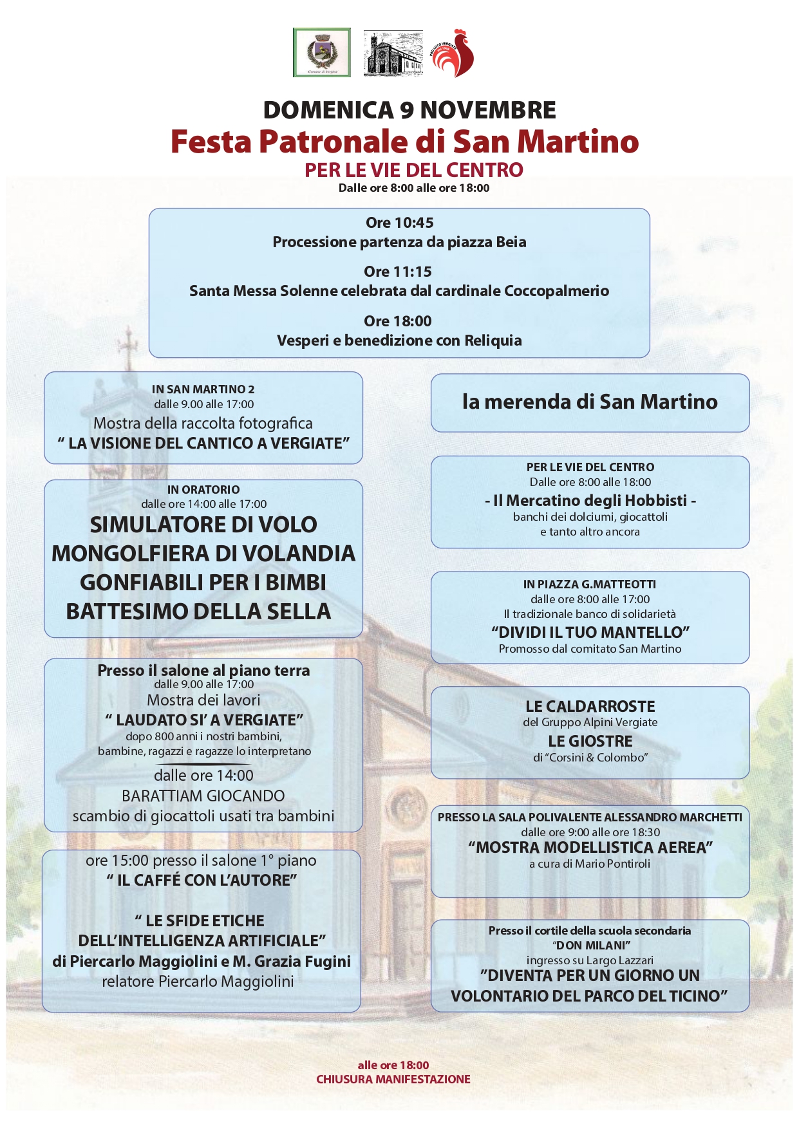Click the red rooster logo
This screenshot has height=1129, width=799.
click(x=453, y=53)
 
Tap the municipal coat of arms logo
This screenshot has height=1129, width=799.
click(x=321, y=52)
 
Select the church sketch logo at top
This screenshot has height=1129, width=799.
click(x=393, y=53)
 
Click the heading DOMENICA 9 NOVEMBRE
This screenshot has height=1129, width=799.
click(x=409, y=110)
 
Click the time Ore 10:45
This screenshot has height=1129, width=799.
click(x=399, y=223)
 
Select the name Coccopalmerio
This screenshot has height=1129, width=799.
click(x=556, y=291)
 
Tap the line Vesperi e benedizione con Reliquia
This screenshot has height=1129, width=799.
click(x=399, y=341)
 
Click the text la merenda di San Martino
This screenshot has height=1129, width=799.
click(x=590, y=402)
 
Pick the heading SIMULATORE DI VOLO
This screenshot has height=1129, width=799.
click(x=203, y=525)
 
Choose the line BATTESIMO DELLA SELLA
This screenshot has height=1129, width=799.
click(x=198, y=611)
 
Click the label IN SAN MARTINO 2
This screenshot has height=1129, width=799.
click(x=203, y=389)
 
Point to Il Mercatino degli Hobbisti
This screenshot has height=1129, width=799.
click(x=590, y=500)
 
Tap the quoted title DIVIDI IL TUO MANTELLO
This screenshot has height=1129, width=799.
click(x=590, y=632)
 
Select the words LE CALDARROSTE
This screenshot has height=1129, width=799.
click(x=590, y=706)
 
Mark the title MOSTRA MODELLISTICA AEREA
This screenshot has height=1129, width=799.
click(x=590, y=847)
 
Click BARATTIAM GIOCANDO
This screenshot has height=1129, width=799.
click(x=203, y=796)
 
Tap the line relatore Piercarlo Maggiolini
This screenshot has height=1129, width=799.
click(x=198, y=982)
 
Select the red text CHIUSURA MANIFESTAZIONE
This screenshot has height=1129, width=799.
click(x=393, y=1079)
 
